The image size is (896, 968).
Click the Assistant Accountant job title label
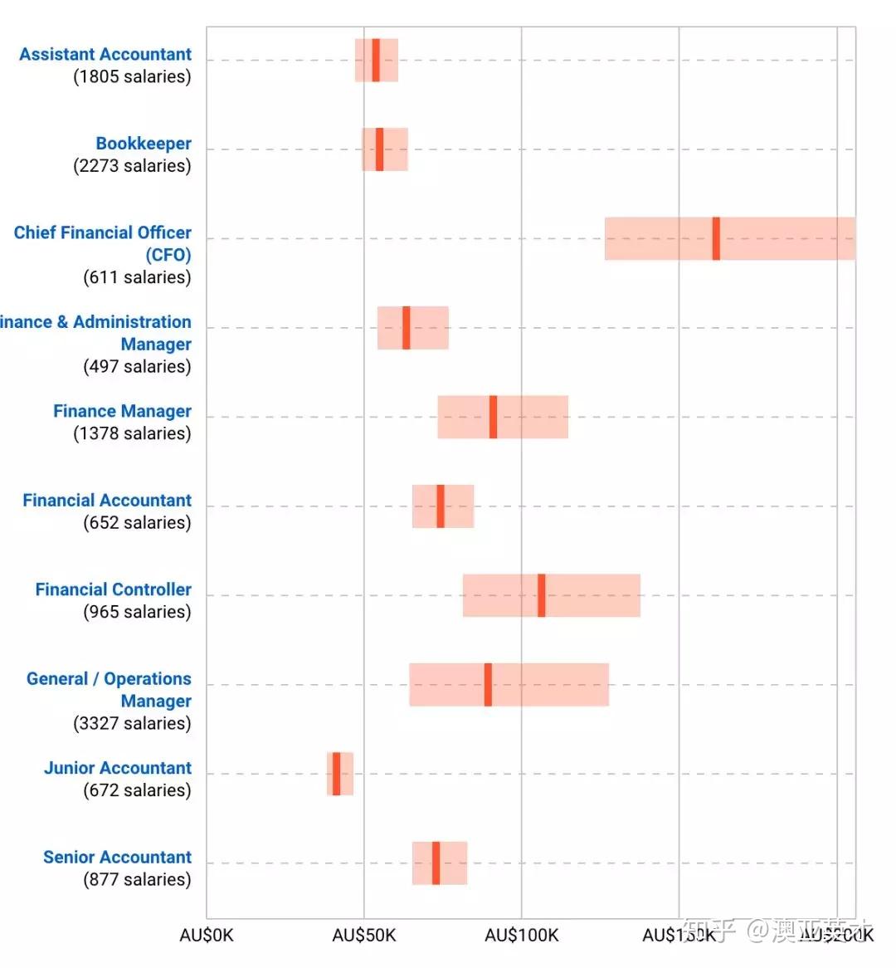[105, 55]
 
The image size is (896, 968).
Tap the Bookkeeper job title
[144, 144]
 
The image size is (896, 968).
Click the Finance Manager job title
[122, 412]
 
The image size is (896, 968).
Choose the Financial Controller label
[113, 589]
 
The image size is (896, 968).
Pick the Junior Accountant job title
[118, 768]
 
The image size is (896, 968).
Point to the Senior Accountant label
[117, 857]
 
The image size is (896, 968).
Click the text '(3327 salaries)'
[132, 723]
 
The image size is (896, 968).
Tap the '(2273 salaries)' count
[132, 166]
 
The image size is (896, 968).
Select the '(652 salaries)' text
[137, 523]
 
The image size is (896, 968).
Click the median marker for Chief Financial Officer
[716, 239]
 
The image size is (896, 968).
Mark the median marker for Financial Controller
[541, 595]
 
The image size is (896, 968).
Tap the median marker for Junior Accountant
[336, 774]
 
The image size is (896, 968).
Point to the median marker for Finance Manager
[493, 417]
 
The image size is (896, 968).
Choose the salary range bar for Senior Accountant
[453, 863]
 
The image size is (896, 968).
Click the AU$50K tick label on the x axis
[364, 936]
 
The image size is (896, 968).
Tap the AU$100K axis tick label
[522, 936]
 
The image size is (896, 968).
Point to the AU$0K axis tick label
[207, 936]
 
